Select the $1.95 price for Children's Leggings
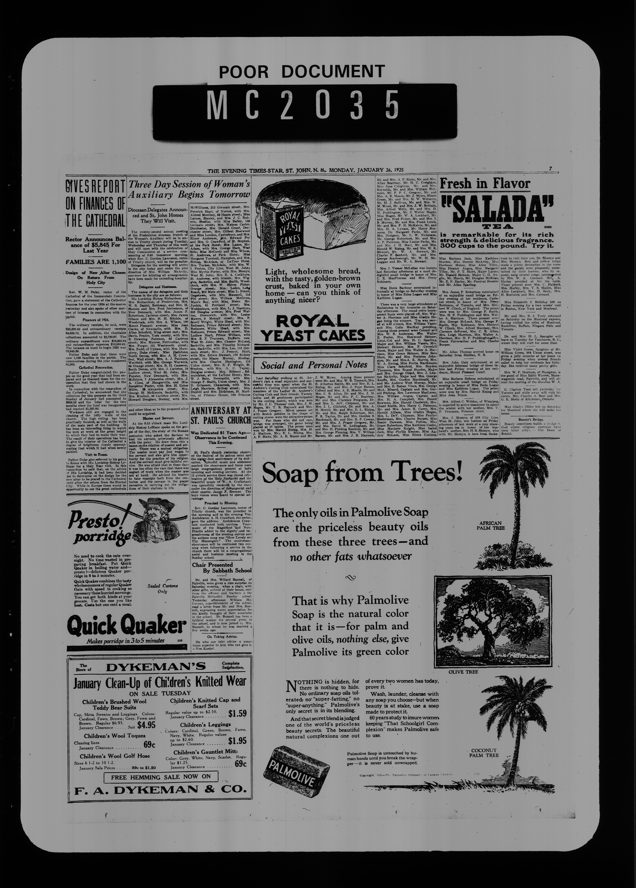[237, 741]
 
